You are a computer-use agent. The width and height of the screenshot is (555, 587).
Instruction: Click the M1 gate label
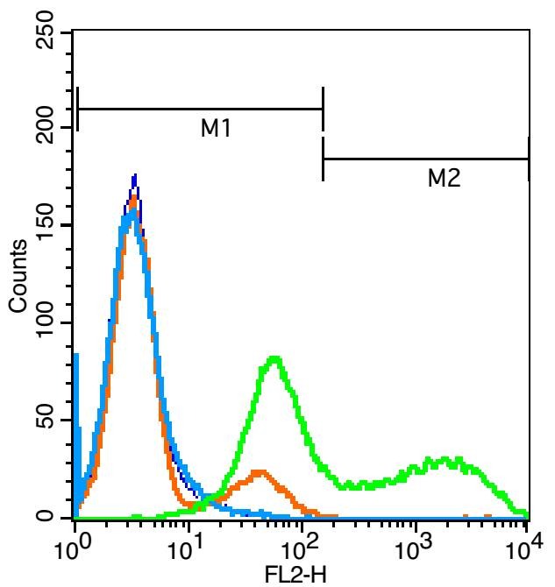[215, 129]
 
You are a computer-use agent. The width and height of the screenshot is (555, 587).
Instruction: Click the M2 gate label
[444, 179]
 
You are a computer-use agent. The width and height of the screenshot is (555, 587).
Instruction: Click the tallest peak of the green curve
[275, 358]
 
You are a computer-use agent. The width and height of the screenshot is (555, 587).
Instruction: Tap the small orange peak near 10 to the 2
[259, 473]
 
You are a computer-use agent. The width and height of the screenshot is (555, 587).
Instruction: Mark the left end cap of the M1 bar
[78, 109]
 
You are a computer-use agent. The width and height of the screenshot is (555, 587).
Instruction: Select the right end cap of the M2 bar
[528, 159]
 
